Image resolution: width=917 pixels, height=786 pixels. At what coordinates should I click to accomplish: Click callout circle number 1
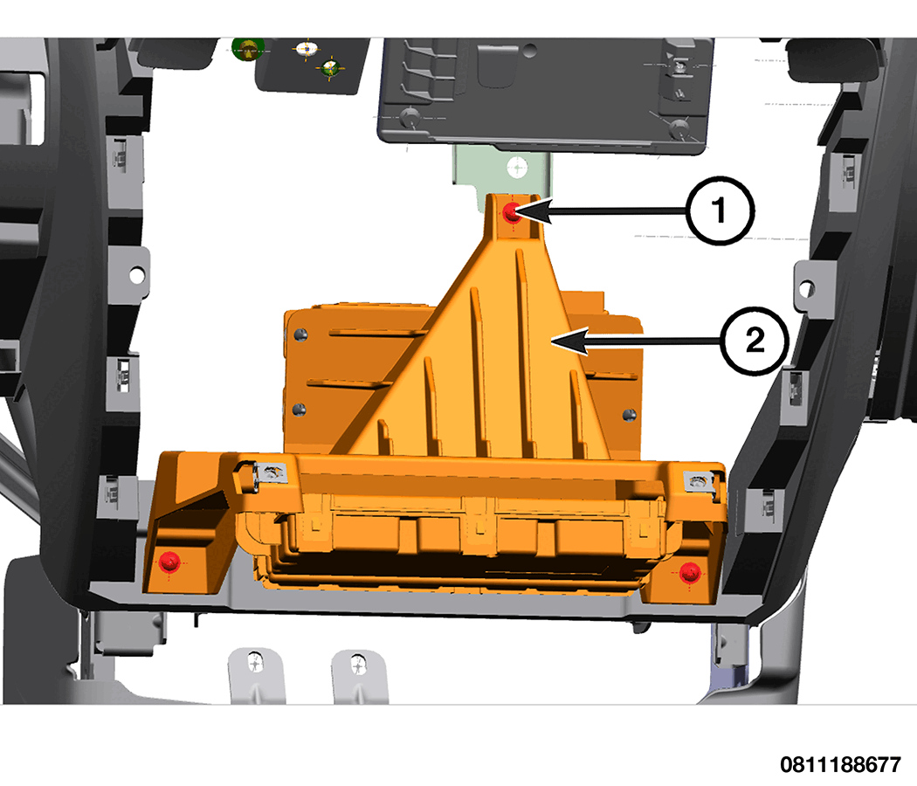(720, 210)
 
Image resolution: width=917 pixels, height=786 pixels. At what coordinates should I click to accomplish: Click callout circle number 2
(755, 341)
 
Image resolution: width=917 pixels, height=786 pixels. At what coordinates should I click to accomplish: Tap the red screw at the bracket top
(513, 213)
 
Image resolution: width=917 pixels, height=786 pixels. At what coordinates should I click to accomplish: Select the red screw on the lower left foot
(169, 562)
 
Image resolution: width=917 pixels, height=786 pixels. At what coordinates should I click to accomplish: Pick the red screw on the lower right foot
(690, 572)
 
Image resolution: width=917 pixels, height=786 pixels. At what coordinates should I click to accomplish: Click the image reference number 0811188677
(840, 764)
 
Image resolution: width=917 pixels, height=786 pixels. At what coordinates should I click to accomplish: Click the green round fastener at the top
(248, 49)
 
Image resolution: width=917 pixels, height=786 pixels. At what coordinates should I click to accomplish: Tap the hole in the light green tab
(517, 168)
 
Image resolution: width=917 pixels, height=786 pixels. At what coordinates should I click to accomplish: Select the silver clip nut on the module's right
(699, 481)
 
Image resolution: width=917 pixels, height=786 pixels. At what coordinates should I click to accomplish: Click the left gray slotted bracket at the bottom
(256, 674)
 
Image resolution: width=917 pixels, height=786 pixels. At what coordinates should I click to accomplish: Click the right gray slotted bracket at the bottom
(358, 675)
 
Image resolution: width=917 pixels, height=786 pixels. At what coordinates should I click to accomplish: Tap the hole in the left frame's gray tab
(137, 274)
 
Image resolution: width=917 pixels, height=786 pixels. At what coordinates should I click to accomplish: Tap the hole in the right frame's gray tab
(806, 288)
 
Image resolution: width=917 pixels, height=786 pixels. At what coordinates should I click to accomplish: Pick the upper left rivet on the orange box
(300, 334)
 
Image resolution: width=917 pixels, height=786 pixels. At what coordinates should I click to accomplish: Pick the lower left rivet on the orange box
(299, 408)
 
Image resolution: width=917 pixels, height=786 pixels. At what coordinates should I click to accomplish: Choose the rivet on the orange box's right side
(630, 415)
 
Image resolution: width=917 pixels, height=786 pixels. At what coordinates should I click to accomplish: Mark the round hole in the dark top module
(530, 51)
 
